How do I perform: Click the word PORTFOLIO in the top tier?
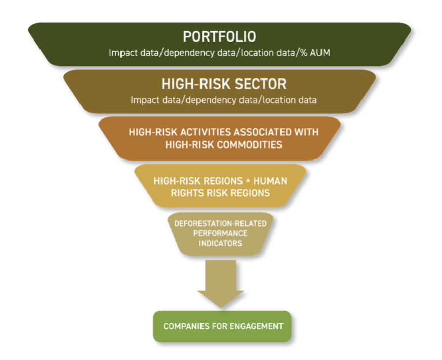tap(219, 36)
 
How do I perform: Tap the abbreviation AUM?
tap(320, 53)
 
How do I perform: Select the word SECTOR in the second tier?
tap(260, 84)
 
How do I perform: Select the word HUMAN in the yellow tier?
tap(270, 181)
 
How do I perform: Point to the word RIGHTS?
tap(187, 193)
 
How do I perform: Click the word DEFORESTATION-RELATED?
tap(220, 224)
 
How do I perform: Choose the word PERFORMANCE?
tap(220, 233)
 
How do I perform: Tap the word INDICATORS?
tap(220, 243)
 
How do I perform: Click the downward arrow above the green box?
tap(221, 284)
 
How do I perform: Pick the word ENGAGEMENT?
tap(257, 326)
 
